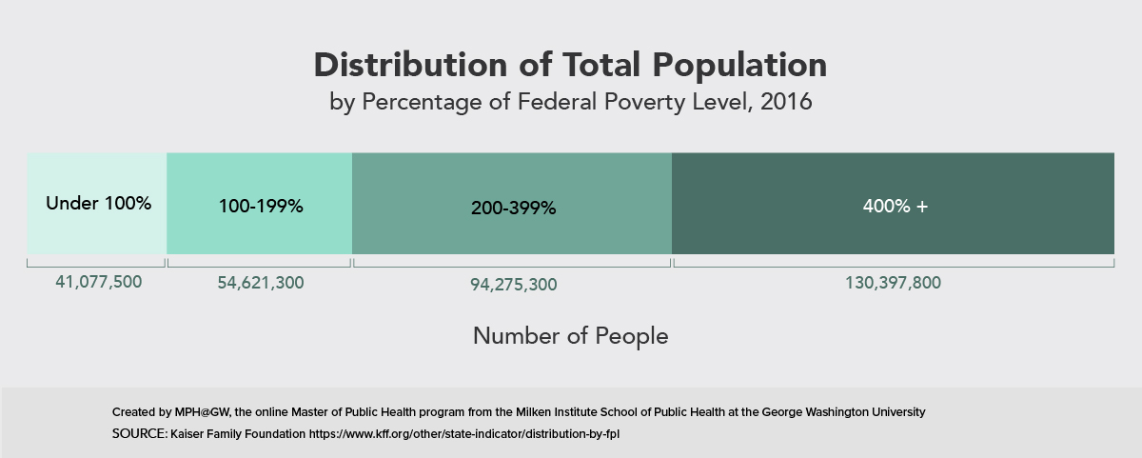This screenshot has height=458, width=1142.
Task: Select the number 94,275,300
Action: (513, 285)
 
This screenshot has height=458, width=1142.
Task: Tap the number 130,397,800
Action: (894, 283)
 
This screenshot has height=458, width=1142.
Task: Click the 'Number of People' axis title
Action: (570, 336)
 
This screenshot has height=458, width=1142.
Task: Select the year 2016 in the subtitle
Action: (785, 102)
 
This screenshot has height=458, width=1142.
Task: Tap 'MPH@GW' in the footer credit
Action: (201, 412)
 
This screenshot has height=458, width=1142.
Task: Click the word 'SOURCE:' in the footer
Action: (139, 433)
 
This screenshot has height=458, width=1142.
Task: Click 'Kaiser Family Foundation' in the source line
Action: (238, 433)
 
